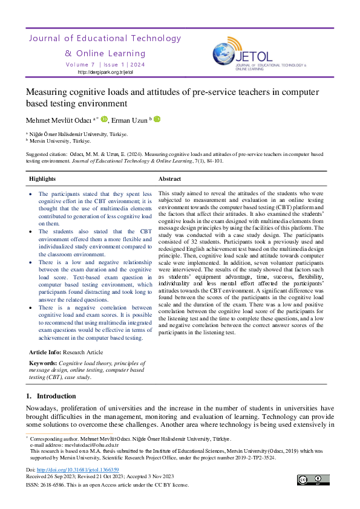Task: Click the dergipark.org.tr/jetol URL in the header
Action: pos(105,72)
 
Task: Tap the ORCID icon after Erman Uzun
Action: pos(157,120)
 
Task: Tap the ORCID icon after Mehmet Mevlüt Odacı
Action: pos(104,120)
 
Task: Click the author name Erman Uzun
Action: pos(129,120)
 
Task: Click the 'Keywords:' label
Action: pos(42,363)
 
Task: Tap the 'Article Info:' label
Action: pos(46,351)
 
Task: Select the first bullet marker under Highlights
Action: pos(32,193)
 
